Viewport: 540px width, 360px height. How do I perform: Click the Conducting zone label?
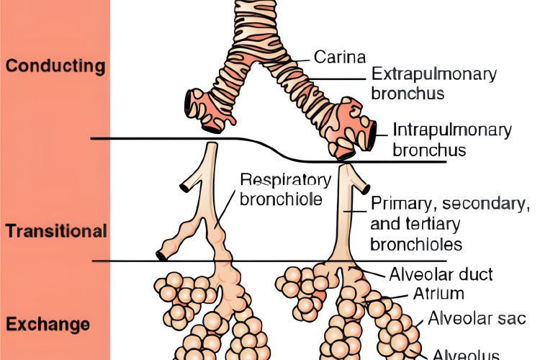pyautogui.click(x=55, y=66)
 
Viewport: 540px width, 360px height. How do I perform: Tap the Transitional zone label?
pyautogui.click(x=56, y=232)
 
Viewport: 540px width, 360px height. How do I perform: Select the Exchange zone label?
pyautogui.click(x=48, y=324)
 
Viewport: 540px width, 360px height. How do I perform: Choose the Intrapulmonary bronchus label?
pyautogui.click(x=452, y=140)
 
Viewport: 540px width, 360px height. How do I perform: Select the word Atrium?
pyautogui.click(x=438, y=294)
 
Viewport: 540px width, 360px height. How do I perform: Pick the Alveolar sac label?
pyautogui.click(x=477, y=318)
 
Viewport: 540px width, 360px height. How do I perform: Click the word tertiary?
pyautogui.click(x=433, y=223)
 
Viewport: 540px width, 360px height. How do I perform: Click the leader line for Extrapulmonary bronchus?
pyautogui.click(x=338, y=79)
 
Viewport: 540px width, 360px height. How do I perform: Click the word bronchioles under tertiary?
pyautogui.click(x=416, y=243)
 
